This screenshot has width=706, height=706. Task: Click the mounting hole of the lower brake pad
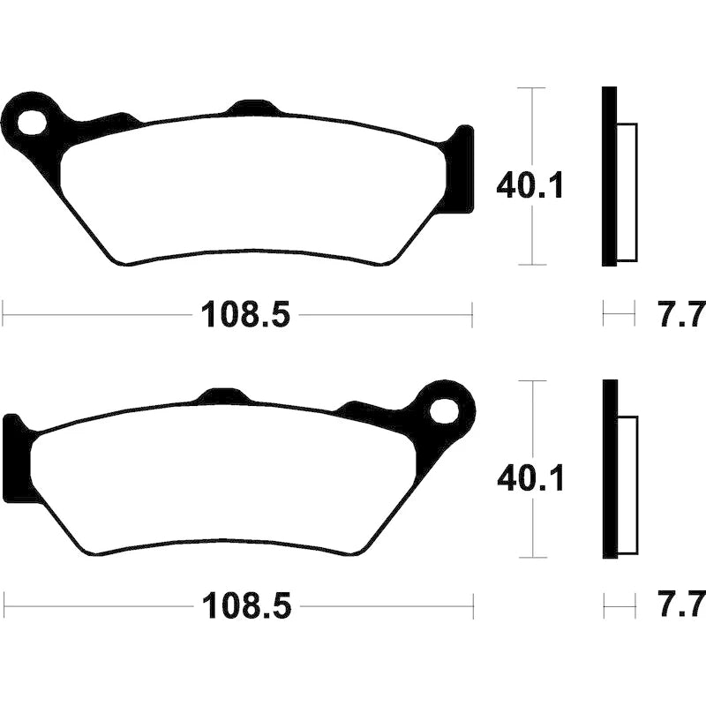[x=444, y=410]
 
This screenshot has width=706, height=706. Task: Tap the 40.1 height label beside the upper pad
[x=529, y=185]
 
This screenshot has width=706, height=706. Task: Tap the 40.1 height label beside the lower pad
[x=530, y=478]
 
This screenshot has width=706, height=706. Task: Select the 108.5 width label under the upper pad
[x=246, y=315]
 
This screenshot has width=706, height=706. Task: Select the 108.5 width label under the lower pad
[x=247, y=606]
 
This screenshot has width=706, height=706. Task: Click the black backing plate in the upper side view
[x=609, y=176]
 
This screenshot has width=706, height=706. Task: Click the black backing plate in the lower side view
[x=610, y=469]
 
